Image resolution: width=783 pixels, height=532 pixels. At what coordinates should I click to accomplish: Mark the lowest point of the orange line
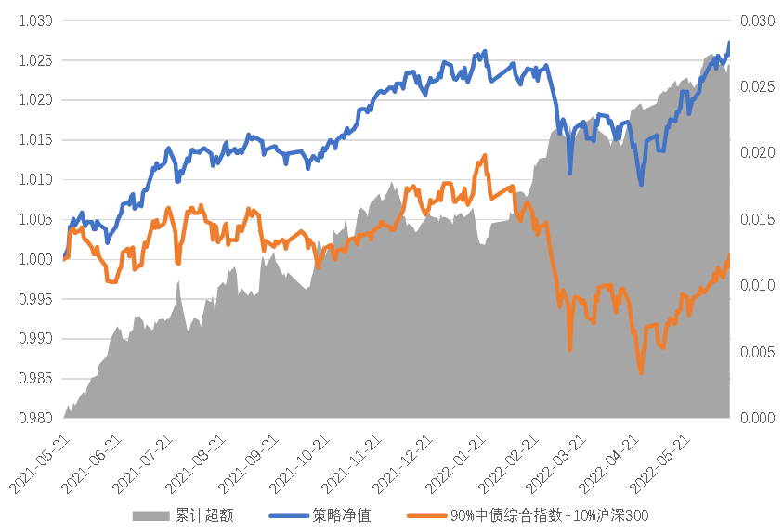coord(641,373)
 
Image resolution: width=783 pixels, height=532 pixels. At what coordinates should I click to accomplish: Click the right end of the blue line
coord(729,42)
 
